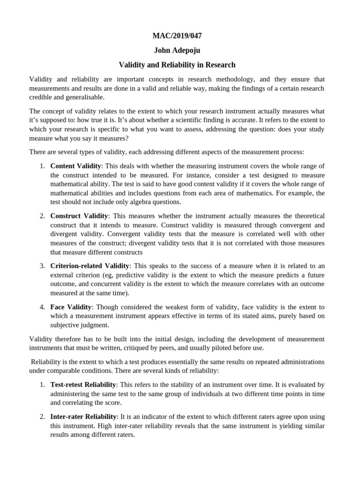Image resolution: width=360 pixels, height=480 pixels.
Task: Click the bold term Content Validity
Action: coord(75,166)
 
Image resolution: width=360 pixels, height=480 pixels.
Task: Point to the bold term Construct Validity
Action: coord(79,216)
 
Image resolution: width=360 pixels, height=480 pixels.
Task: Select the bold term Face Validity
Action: coord(70,307)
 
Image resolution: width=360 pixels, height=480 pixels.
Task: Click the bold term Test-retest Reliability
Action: coord(83,384)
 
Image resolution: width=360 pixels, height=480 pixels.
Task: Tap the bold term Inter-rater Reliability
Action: coord(83,417)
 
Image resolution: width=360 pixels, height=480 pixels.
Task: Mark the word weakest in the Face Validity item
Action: coord(158,307)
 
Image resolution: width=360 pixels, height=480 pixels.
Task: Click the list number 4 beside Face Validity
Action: coord(42,307)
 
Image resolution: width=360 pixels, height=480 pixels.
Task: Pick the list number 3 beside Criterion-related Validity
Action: coord(42,266)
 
